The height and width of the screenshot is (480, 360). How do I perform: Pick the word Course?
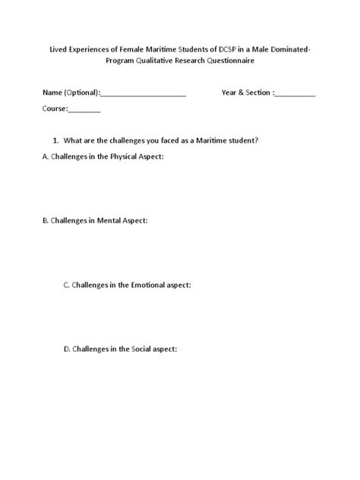(55, 109)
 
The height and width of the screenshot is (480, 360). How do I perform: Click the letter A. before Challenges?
(46, 156)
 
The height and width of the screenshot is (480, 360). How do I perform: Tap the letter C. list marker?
(67, 285)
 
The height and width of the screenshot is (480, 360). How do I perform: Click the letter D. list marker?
(67, 349)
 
